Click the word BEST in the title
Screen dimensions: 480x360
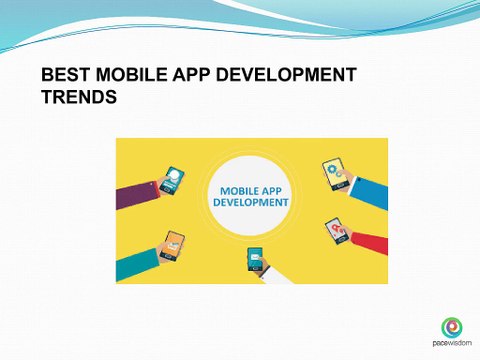[66, 74]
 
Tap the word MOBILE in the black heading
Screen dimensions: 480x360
[132, 74]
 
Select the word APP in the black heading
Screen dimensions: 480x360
[191, 74]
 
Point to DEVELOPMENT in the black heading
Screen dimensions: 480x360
[286, 74]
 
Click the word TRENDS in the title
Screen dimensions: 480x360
[79, 97]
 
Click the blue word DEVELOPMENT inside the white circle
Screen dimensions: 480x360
[251, 202]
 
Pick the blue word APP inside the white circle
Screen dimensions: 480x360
[272, 191]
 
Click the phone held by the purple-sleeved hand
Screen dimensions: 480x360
[172, 180]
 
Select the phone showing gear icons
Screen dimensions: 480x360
[334, 174]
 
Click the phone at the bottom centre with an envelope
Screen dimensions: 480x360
[256, 260]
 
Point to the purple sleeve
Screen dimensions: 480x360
[137, 195]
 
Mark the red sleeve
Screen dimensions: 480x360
[370, 242]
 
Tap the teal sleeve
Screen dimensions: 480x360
[137, 265]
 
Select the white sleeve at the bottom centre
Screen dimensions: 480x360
[276, 276]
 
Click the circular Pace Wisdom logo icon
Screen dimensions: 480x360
[452, 327]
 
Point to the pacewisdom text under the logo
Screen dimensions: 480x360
[452, 343]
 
